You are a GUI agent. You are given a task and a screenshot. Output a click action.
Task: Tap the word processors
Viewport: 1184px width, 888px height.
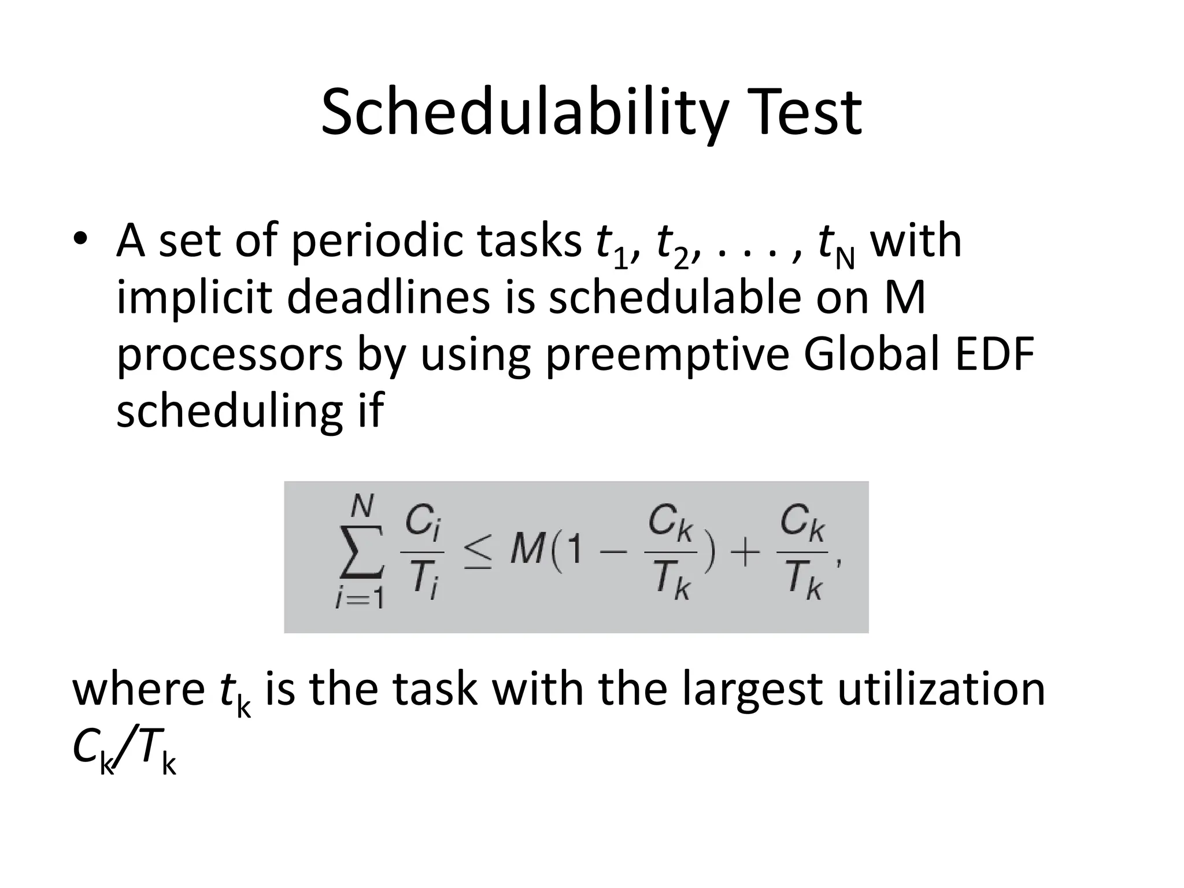click(x=230, y=355)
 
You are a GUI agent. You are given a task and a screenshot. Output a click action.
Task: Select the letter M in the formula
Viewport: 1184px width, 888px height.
click(x=527, y=551)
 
